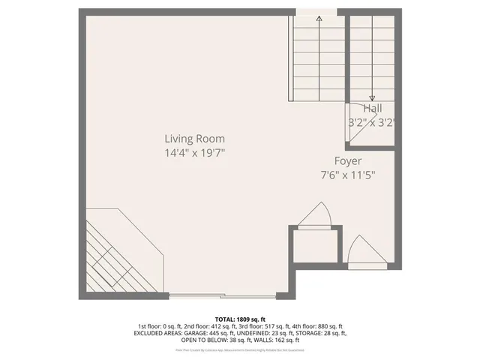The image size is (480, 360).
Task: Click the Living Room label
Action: (195, 139)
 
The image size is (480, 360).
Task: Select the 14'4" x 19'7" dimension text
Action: (195, 152)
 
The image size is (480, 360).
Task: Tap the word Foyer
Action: (348, 161)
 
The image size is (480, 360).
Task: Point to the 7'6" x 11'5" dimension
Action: (348, 175)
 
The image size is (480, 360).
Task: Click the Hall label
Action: (373, 109)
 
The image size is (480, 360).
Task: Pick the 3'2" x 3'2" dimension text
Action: (371, 121)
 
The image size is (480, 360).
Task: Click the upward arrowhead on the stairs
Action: (319, 19)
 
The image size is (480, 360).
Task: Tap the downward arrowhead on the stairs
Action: (373, 96)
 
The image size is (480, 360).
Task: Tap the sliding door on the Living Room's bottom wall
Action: (196, 293)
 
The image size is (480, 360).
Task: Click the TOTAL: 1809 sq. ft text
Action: (239, 319)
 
